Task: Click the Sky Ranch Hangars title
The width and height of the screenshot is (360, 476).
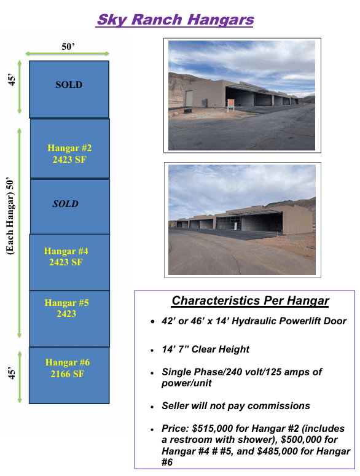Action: tap(175, 20)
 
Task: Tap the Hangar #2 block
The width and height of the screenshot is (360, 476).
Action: tap(69, 149)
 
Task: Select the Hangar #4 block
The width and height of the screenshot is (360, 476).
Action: tap(69, 257)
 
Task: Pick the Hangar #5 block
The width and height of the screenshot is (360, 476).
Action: tap(69, 308)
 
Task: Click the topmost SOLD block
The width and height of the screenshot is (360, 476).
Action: tap(69, 85)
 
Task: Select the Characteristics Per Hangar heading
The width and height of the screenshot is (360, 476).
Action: tap(250, 301)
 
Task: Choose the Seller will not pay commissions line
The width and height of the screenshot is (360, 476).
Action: tap(236, 406)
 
